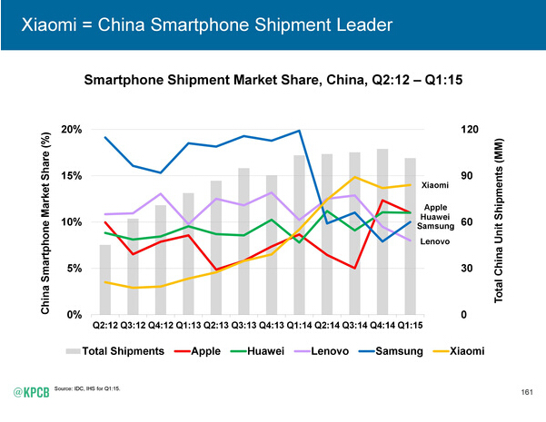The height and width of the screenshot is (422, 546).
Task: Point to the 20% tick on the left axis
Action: point(70,130)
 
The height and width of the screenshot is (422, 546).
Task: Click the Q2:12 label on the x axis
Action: point(105,324)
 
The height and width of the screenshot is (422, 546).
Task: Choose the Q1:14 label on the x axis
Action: point(299,324)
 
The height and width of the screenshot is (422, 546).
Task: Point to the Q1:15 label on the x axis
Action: point(410,324)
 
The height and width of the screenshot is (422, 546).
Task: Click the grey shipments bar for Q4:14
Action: point(382,231)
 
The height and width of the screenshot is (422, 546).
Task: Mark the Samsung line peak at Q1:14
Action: point(300,131)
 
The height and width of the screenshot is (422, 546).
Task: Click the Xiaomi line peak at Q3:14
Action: point(355,177)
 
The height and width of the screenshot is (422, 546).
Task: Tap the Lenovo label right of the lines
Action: point(434,241)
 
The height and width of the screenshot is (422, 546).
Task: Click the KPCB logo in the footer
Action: point(32,391)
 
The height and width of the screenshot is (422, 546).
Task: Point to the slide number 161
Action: point(527,392)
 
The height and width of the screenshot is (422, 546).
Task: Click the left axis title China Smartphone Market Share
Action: point(45,222)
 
